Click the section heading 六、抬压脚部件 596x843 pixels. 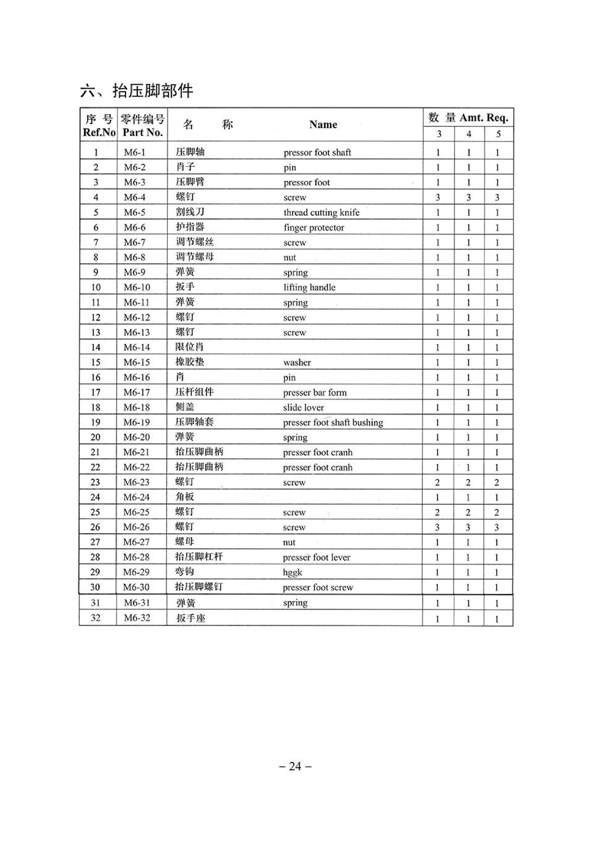click(x=136, y=91)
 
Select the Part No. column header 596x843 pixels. click(x=142, y=133)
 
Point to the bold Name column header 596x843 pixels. click(x=323, y=124)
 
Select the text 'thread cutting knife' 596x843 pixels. click(x=321, y=213)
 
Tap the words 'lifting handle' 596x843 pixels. click(x=309, y=288)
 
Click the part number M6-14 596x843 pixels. click(x=137, y=347)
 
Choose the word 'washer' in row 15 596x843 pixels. click(x=297, y=363)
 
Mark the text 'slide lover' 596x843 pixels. click(x=303, y=407)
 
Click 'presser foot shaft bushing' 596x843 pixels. click(x=333, y=423)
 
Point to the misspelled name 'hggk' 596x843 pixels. click(x=292, y=572)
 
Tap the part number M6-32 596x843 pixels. click(x=137, y=618)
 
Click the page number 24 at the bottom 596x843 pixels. click(x=295, y=766)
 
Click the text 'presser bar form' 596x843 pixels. click(x=315, y=393)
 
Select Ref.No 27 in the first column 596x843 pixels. click(x=95, y=542)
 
